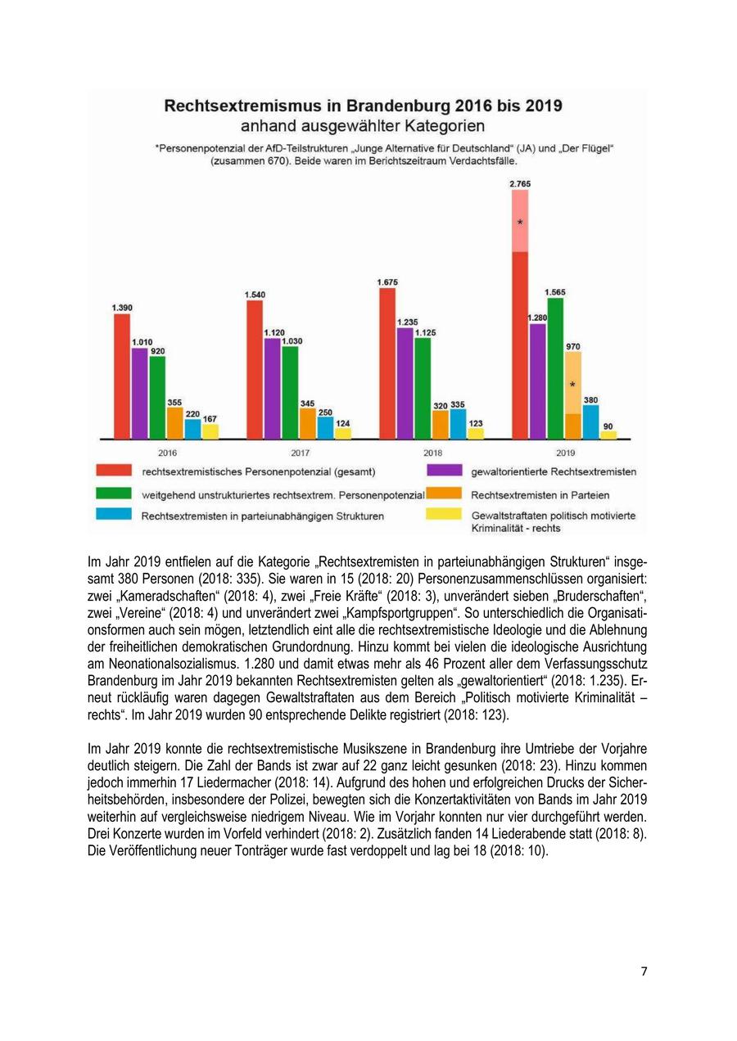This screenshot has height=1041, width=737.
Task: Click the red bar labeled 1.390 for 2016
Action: [122, 376]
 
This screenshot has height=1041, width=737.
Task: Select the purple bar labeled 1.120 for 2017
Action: [272, 389]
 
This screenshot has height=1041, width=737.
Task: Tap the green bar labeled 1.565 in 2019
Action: [555, 368]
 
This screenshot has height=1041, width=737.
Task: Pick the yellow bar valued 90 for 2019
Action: [608, 435]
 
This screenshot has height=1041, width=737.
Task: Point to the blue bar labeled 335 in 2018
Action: [458, 424]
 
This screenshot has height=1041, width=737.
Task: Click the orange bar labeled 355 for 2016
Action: [174, 423]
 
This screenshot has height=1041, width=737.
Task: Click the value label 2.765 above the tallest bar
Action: [520, 184]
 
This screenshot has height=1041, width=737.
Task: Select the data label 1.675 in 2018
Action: [387, 282]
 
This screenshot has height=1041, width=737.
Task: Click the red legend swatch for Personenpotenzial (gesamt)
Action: [114, 471]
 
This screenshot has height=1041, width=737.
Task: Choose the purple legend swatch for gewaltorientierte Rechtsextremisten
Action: [444, 471]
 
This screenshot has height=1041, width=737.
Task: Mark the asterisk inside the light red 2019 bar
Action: [520, 223]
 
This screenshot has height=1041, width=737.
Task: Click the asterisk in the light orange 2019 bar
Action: [572, 385]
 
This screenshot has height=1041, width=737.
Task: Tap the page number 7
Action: [644, 971]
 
